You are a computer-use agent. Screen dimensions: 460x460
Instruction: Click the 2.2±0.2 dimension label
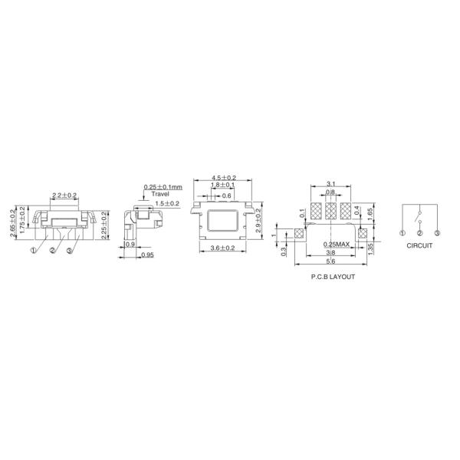pyautogui.click(x=64, y=195)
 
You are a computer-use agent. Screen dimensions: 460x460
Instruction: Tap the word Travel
pyautogui.click(x=160, y=194)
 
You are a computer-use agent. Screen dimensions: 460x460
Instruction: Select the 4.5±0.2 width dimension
pyautogui.click(x=224, y=178)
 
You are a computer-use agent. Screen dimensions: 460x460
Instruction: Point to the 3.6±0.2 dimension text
pyautogui.click(x=223, y=248)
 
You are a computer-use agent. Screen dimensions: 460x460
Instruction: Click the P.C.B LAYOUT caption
pyautogui.click(x=333, y=277)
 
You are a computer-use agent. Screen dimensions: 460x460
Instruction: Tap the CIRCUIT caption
pyautogui.click(x=419, y=245)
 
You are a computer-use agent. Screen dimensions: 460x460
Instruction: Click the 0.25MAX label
pyautogui.click(x=337, y=244)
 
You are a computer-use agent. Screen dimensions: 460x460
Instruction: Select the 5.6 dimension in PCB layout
pyautogui.click(x=330, y=261)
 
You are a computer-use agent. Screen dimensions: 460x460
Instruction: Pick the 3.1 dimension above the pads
pyautogui.click(x=331, y=184)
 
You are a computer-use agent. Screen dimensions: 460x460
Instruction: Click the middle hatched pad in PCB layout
pyautogui.click(x=330, y=211)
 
